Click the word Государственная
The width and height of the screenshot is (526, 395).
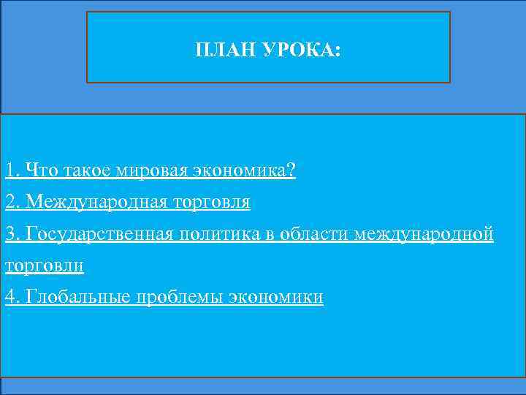point(99,234)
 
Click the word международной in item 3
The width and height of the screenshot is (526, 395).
point(424,234)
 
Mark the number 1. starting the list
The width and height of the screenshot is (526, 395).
point(11,170)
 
